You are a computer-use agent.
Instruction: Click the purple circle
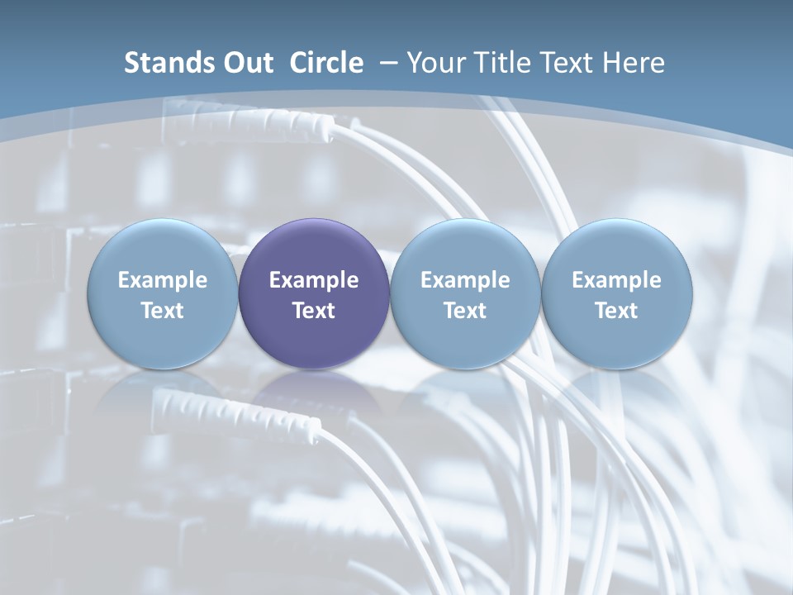pyautogui.click(x=314, y=294)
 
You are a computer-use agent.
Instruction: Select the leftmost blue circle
pyautogui.click(x=162, y=294)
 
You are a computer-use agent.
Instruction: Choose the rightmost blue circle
pyautogui.click(x=616, y=294)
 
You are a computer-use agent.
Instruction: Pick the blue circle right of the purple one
pyautogui.click(x=465, y=294)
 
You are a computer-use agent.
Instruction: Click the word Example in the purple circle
pyautogui.click(x=314, y=280)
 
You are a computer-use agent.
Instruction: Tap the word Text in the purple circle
pyautogui.click(x=314, y=311)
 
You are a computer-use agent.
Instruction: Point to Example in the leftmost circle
pyautogui.click(x=162, y=280)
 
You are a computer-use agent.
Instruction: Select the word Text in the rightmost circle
pyautogui.click(x=616, y=311)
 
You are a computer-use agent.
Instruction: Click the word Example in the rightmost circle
pyautogui.click(x=616, y=280)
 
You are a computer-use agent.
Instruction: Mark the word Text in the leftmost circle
pyautogui.click(x=162, y=311)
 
